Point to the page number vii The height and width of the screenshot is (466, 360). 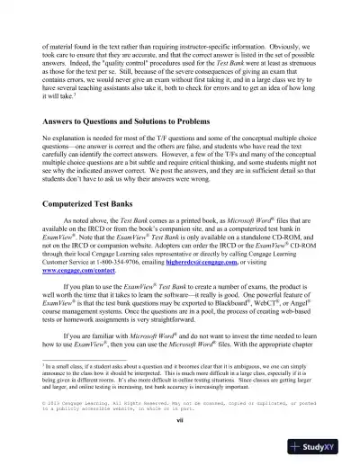click(x=179, y=444)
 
